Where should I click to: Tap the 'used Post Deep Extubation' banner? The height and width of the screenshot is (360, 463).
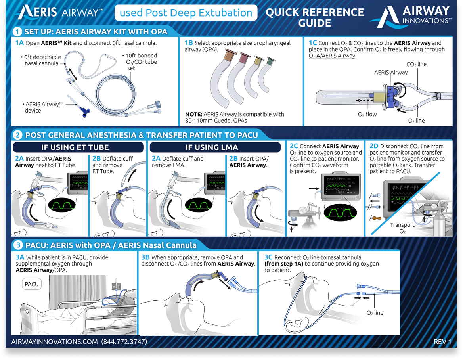[186, 13]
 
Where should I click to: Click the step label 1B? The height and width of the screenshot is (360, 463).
[189, 43]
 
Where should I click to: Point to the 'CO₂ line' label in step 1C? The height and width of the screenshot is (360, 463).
[417, 64]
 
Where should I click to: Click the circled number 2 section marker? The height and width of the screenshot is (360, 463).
[18, 135]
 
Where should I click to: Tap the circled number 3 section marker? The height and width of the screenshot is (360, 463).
[18, 245]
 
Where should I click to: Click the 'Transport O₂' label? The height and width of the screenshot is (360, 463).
[402, 228]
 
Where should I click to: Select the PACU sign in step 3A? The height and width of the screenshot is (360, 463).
[32, 284]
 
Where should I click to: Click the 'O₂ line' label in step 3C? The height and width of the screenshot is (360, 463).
[375, 313]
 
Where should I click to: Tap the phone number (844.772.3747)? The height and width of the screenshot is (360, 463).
[124, 341]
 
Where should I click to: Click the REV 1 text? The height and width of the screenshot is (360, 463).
[442, 341]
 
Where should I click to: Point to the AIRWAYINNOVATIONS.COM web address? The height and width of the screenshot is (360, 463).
[55, 341]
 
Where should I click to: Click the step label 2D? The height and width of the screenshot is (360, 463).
[374, 146]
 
